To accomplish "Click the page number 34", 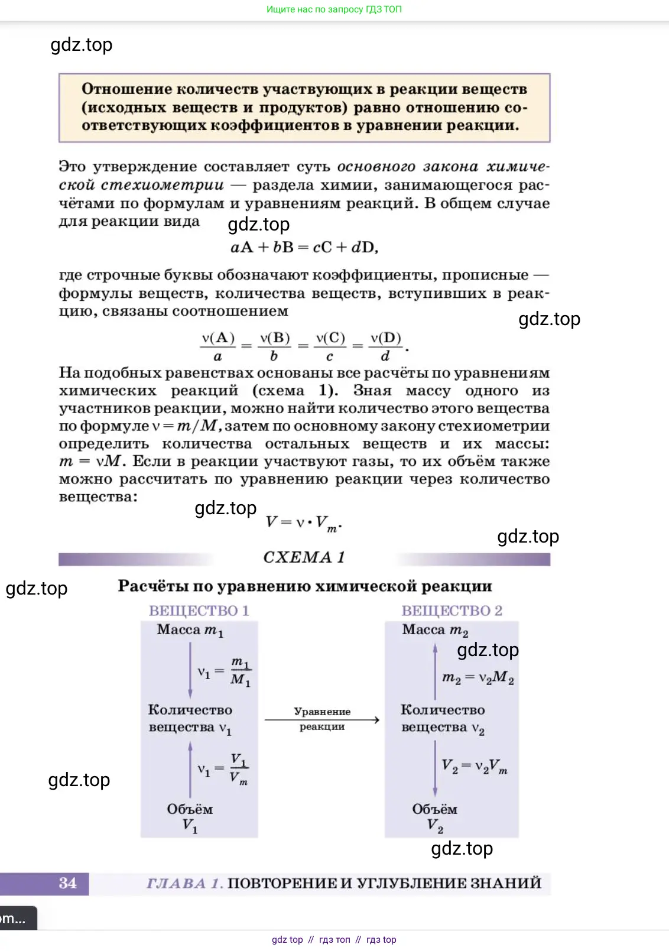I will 67,883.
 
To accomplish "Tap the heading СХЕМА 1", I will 304,557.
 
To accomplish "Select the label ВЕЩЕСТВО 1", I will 199,611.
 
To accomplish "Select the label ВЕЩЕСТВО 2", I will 452,611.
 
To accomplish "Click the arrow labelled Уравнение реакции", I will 322,719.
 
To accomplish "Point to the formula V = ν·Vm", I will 303,522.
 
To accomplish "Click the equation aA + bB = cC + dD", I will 304,247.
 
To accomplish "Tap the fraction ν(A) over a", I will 218,346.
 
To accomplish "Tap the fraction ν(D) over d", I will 385,346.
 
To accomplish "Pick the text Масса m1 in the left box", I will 190,630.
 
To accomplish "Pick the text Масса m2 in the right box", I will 435,630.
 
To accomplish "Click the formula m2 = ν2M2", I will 478,677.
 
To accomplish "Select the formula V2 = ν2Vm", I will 474,766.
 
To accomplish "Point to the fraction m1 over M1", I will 241,671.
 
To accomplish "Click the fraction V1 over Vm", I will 239,768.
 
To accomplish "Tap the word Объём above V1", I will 190,809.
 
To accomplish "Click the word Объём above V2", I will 435,809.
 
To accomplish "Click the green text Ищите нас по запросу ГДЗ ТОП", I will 334,9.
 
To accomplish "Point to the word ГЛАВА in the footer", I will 176,883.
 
